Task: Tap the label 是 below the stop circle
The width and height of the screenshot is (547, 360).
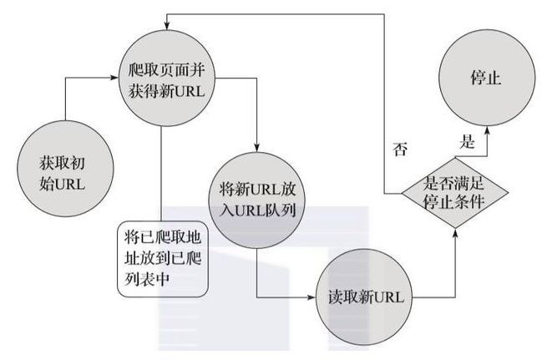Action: click(x=468, y=141)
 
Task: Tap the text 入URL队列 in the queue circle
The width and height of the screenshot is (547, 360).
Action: click(x=255, y=209)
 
